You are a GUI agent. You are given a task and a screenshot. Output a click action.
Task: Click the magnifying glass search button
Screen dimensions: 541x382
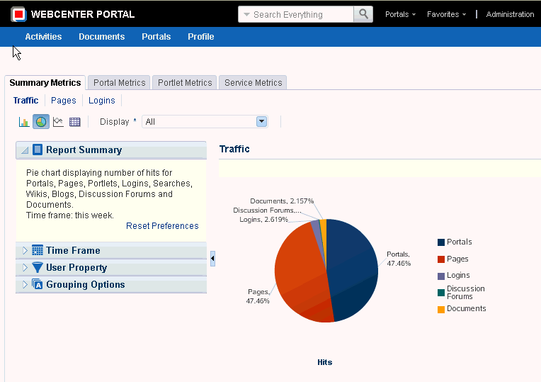pyautogui.click(x=363, y=14)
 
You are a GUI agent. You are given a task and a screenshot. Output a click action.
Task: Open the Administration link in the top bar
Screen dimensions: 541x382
pyautogui.click(x=510, y=14)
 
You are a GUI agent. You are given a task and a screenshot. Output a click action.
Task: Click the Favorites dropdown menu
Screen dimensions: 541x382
pyautogui.click(x=446, y=14)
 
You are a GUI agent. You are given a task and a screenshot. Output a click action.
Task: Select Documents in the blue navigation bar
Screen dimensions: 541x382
pyautogui.click(x=102, y=37)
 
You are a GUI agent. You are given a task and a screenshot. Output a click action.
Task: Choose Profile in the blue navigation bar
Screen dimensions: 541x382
pyautogui.click(x=201, y=37)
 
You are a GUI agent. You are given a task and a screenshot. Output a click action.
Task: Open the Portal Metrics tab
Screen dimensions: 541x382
pyautogui.click(x=119, y=82)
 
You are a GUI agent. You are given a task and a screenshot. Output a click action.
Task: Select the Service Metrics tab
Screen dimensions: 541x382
pyautogui.click(x=253, y=82)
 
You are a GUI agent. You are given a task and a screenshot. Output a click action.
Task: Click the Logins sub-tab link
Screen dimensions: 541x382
pyautogui.click(x=102, y=101)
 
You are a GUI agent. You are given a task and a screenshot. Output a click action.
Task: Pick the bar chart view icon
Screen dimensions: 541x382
pyautogui.click(x=24, y=122)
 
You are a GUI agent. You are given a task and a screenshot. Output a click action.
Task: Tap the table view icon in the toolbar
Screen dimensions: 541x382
pyautogui.click(x=75, y=122)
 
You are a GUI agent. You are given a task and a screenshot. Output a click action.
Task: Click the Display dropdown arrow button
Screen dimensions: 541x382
pyautogui.click(x=261, y=122)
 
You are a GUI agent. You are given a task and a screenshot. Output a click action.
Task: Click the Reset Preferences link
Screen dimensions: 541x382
pyautogui.click(x=162, y=226)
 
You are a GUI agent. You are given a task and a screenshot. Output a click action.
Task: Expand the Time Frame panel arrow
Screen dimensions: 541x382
pyautogui.click(x=25, y=250)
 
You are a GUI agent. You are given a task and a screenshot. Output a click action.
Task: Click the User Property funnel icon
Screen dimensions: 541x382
pyautogui.click(x=38, y=267)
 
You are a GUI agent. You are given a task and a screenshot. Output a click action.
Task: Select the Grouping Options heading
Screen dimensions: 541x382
pyautogui.click(x=86, y=285)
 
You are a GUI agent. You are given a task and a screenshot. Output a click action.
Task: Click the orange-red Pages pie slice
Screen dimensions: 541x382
pyautogui.click(x=300, y=273)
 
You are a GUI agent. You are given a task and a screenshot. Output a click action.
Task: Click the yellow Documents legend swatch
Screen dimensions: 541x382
pyautogui.click(x=441, y=310)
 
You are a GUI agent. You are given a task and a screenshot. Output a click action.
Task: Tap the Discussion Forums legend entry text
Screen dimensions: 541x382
pyautogui.click(x=465, y=293)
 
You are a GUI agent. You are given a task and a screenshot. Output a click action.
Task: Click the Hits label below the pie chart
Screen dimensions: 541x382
pyautogui.click(x=324, y=362)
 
